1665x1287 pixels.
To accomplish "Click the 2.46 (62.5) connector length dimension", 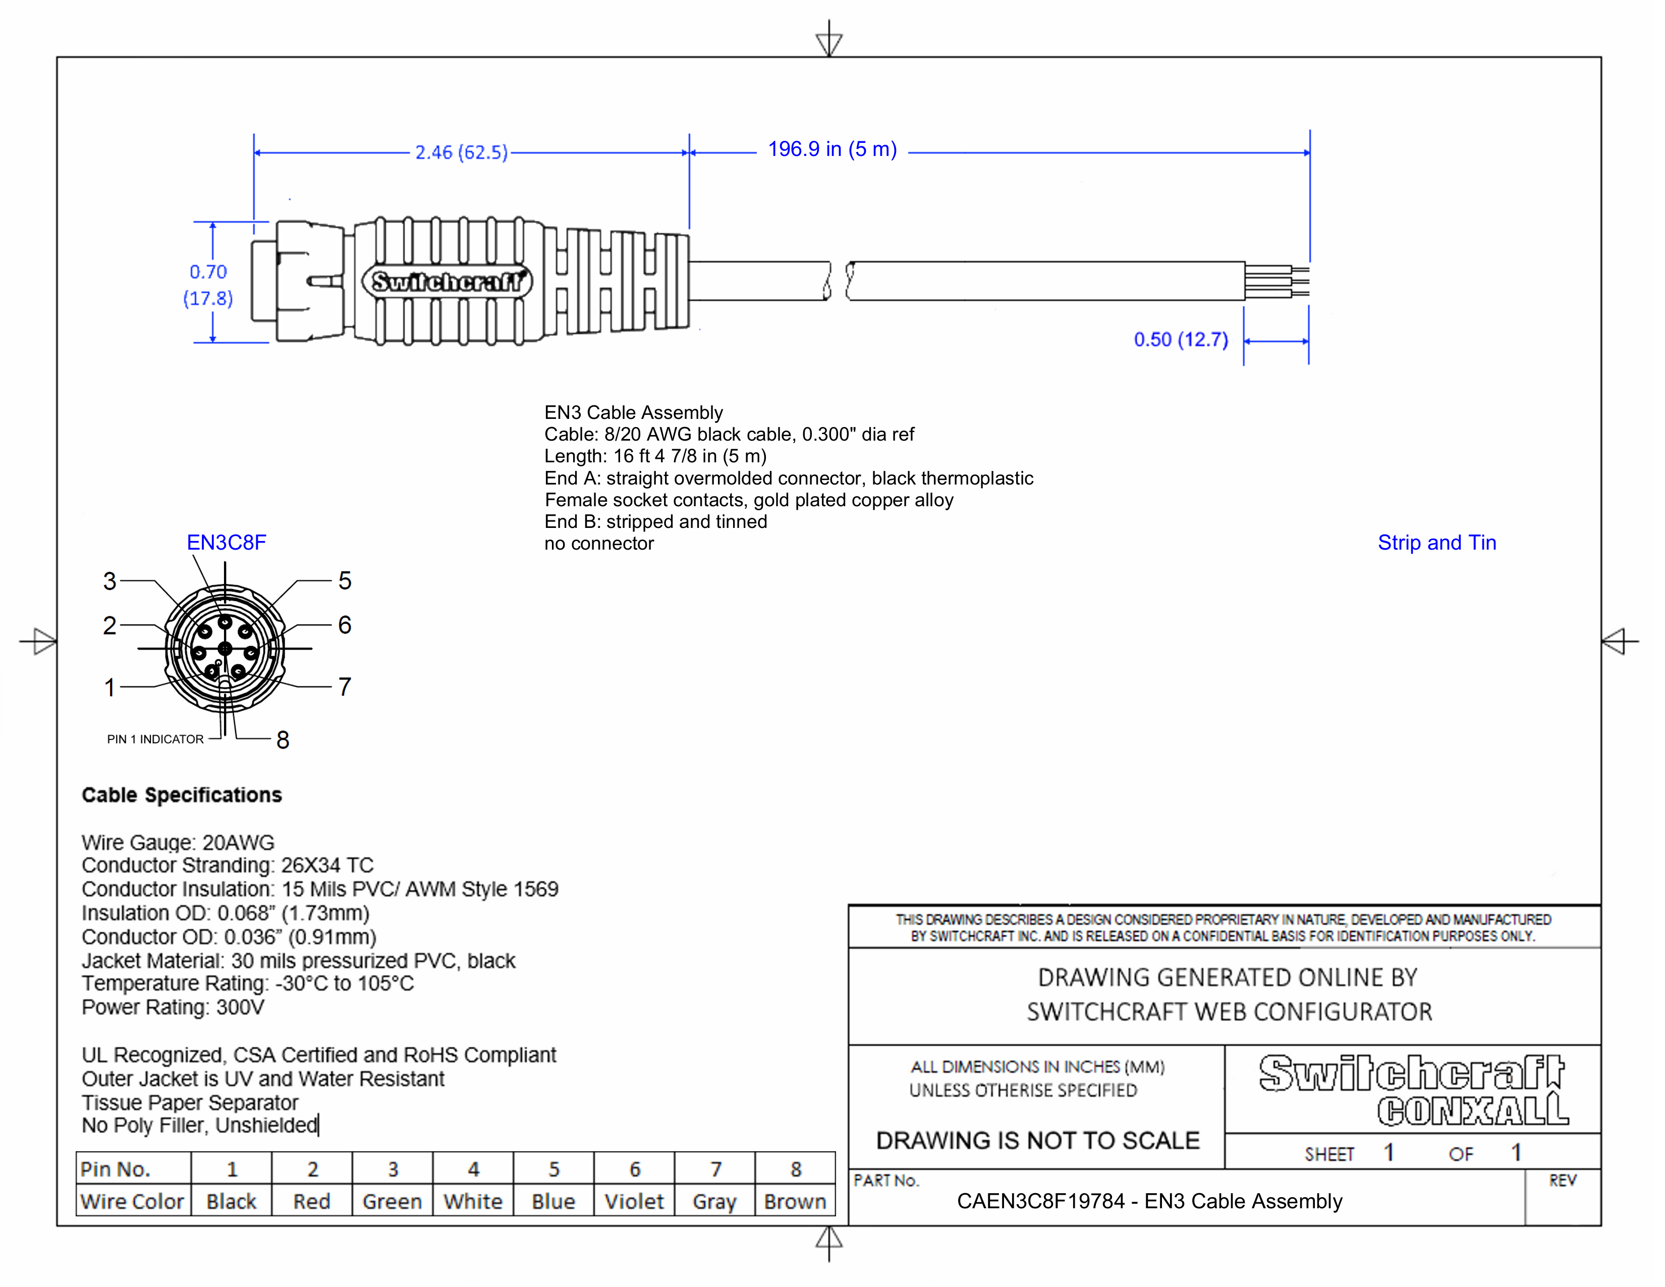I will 461,152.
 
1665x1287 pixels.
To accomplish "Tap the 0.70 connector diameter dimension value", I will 208,272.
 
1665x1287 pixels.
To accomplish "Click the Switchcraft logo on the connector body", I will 447,282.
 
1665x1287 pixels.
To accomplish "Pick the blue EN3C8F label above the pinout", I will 227,543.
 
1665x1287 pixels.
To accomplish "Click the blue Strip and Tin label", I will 1436,543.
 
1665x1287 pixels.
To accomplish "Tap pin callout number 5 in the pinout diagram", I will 345,581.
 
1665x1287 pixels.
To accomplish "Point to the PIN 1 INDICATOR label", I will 155,739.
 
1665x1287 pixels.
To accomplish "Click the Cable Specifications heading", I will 182,795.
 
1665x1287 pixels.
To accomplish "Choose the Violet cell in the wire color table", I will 634,1202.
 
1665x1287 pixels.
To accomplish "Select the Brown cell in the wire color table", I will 795,1202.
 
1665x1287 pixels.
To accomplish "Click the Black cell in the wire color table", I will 231,1202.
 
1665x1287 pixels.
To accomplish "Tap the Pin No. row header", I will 116,1169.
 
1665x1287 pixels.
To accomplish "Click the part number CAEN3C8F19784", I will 1040,1202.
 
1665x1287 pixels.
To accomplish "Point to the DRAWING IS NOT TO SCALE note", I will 1037,1141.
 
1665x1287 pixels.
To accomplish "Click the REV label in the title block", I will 1562,1181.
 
